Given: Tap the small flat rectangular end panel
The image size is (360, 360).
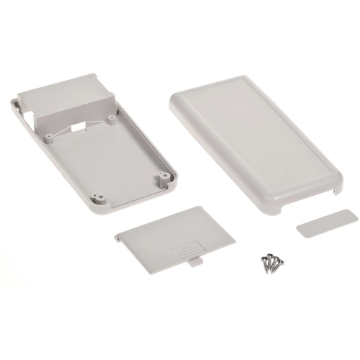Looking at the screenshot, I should tap(325, 224).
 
